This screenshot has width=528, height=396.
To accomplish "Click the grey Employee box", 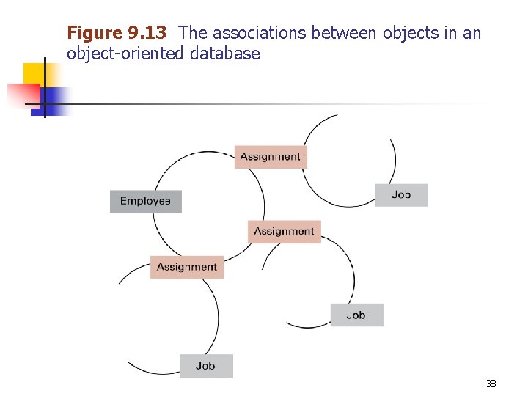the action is pyautogui.click(x=145, y=201).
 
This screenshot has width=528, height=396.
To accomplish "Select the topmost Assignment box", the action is pyautogui.click(x=271, y=156).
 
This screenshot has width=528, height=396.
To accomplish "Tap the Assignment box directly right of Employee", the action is pyautogui.click(x=284, y=231).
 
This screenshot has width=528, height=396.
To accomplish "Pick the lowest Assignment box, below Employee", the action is pyautogui.click(x=187, y=267).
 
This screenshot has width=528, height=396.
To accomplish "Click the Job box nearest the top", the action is pyautogui.click(x=401, y=194).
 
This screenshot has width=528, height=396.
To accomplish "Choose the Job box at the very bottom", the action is pyautogui.click(x=206, y=365).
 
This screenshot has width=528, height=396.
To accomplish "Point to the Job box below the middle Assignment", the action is pyautogui.click(x=356, y=315).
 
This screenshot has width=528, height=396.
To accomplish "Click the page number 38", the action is pyautogui.click(x=491, y=384).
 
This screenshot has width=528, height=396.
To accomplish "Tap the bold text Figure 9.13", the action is pyautogui.click(x=117, y=33).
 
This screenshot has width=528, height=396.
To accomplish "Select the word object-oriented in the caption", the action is pyautogui.click(x=125, y=54).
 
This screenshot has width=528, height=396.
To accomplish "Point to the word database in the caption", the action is pyautogui.click(x=225, y=54).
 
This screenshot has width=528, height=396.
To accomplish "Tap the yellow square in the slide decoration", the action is pyautogui.click(x=34, y=73).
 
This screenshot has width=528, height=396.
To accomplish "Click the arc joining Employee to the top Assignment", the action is pyautogui.click(x=173, y=167).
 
